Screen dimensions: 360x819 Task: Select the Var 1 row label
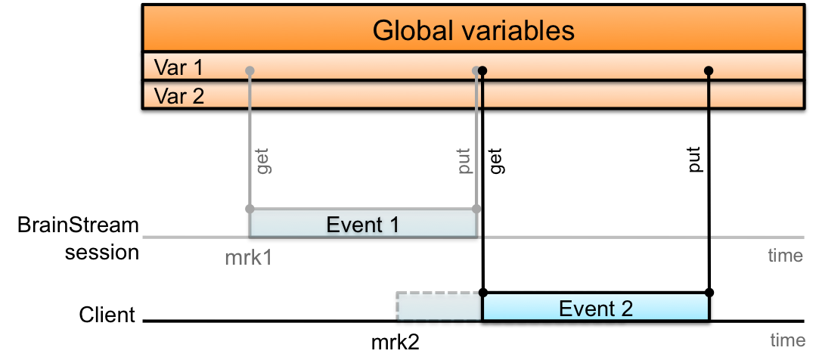tap(178, 67)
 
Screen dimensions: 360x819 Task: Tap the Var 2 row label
tap(178, 96)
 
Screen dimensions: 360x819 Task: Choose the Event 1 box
tap(362, 225)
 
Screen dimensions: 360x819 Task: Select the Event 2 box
tap(595, 308)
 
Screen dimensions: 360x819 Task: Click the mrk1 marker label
tap(248, 258)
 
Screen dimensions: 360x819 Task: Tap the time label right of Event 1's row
tap(785, 256)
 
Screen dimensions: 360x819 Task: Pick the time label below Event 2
tap(786, 340)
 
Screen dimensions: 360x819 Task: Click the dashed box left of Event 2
tap(439, 306)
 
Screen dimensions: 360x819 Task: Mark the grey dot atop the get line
tap(250, 71)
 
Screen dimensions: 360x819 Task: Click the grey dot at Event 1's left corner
tap(250, 209)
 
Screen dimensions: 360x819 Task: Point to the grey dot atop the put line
tap(476, 71)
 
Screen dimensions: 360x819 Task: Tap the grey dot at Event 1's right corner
tap(476, 209)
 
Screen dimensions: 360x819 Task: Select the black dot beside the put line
tap(482, 71)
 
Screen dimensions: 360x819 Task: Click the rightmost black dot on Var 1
tap(709, 71)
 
